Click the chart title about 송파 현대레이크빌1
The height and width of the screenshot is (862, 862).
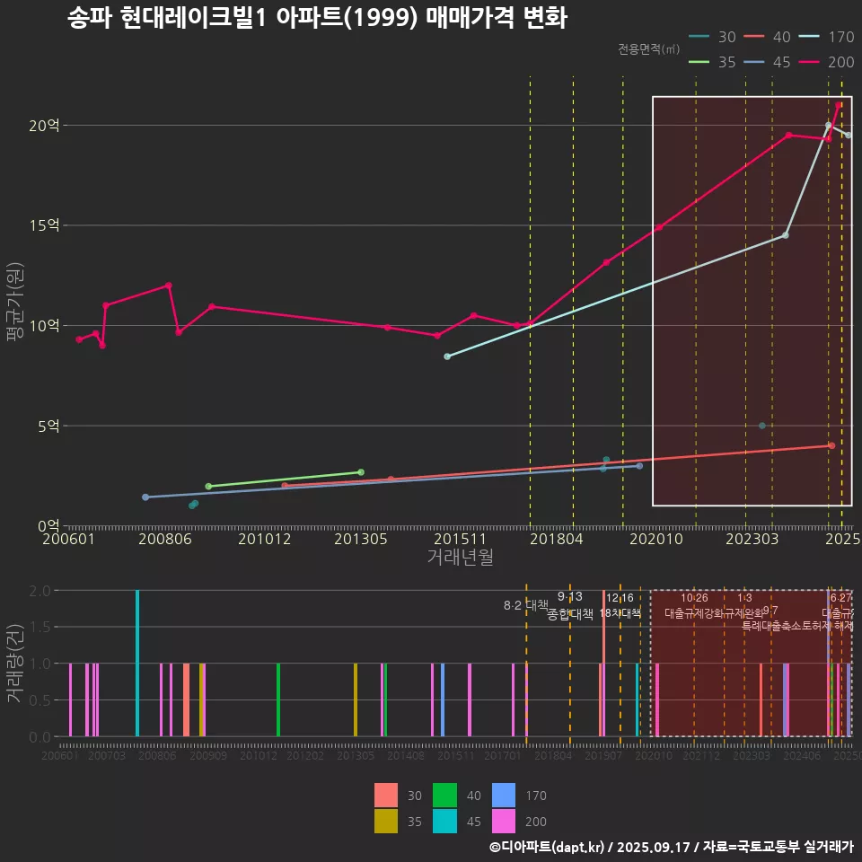point(317,18)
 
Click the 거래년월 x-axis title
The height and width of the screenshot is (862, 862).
point(460,558)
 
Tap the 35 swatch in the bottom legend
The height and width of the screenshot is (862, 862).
point(385,821)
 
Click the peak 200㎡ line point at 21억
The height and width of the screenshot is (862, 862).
point(839,105)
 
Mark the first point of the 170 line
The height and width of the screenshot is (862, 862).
point(447,356)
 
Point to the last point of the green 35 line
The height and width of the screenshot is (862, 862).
point(361,472)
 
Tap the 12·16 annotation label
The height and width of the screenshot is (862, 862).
point(620,598)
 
